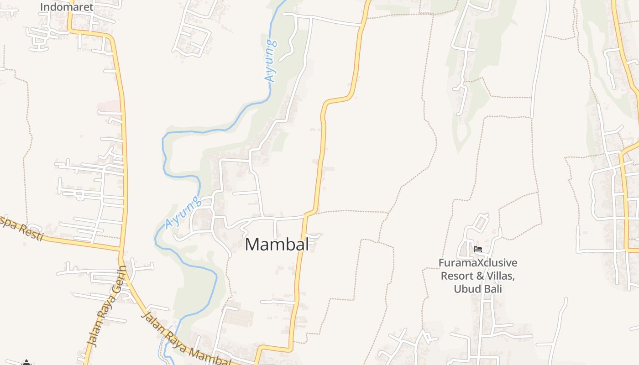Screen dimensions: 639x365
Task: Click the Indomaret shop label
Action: (x=67, y=7)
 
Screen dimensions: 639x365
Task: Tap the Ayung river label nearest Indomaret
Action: (x=271, y=61)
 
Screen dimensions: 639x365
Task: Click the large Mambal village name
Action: (x=277, y=244)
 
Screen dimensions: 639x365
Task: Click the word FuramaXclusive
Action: (x=478, y=263)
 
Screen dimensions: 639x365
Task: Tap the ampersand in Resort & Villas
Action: (x=479, y=276)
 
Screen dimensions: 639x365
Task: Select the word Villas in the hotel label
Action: (x=500, y=276)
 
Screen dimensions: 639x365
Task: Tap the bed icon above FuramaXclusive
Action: (x=478, y=249)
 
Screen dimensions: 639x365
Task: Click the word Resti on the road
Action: (x=31, y=231)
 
